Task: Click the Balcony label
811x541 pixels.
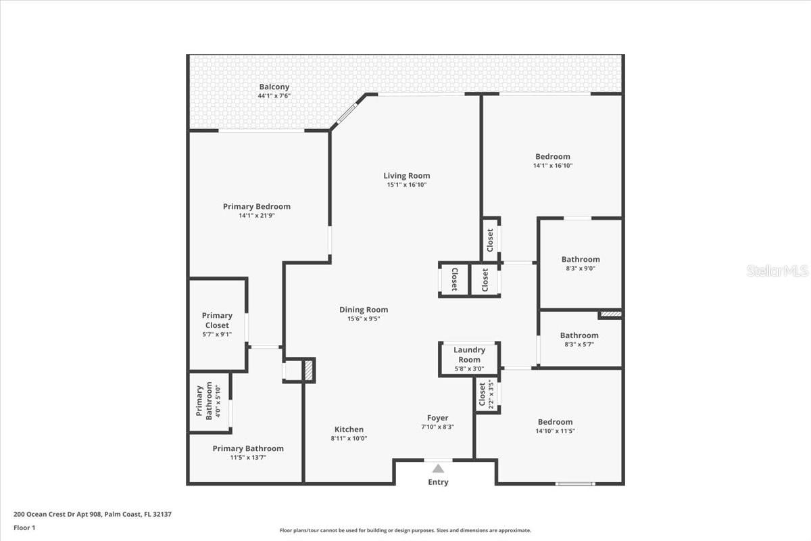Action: [274, 87]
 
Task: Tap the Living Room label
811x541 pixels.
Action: [407, 176]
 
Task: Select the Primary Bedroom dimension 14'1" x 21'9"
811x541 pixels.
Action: [257, 216]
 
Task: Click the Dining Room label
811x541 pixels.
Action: [364, 310]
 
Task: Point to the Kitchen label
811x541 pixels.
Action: [349, 429]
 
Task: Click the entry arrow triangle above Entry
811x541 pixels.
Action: [438, 468]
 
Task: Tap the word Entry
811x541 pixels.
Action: [438, 482]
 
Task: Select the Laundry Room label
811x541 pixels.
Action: [469, 354]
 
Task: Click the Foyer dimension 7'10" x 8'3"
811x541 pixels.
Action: [437, 427]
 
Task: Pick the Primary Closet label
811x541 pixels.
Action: [217, 320]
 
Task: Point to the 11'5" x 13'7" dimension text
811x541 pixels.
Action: [248, 458]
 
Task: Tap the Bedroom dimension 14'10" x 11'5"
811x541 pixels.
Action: [555, 431]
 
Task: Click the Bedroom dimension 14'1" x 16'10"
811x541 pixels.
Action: [553, 166]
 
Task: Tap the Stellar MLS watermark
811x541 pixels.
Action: [777, 271]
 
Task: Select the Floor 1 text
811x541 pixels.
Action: [24, 527]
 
